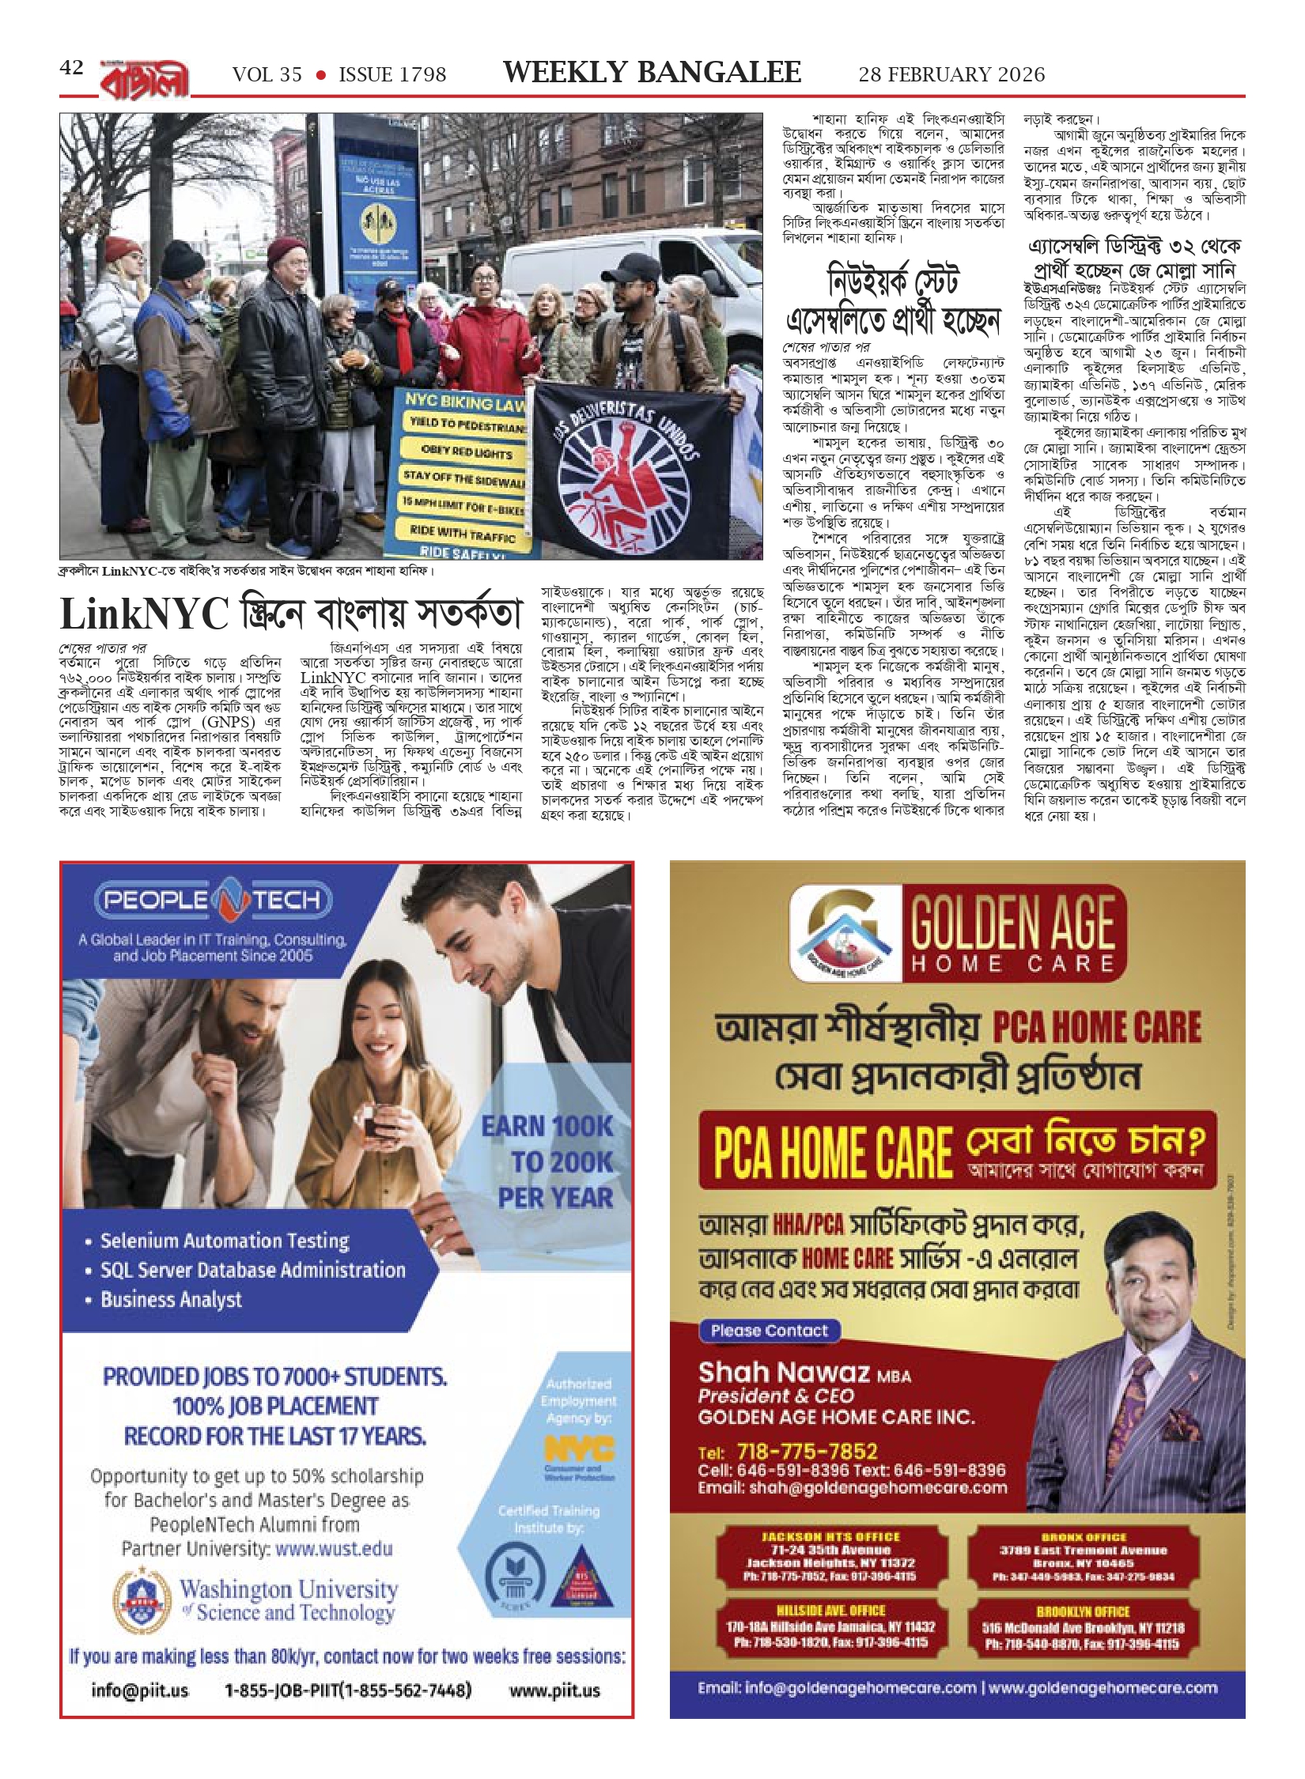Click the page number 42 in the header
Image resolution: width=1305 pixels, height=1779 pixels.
click(71, 68)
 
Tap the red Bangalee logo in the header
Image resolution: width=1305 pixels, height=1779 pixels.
click(145, 78)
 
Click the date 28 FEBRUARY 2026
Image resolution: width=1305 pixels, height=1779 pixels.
click(951, 75)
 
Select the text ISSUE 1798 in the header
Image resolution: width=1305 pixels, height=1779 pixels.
click(392, 75)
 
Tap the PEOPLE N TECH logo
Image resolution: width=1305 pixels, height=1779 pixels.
click(213, 900)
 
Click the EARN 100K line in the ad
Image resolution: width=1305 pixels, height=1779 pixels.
click(547, 1126)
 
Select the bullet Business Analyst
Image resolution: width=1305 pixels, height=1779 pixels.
click(171, 1300)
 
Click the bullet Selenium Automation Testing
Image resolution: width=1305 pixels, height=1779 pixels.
click(225, 1241)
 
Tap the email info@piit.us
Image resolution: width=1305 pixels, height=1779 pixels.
click(140, 1690)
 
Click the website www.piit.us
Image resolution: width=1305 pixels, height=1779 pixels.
click(554, 1690)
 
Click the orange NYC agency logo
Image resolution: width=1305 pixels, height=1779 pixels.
click(579, 1449)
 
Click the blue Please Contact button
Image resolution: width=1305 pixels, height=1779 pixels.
click(769, 1331)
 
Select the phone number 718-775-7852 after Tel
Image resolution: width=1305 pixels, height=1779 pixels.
click(807, 1451)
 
